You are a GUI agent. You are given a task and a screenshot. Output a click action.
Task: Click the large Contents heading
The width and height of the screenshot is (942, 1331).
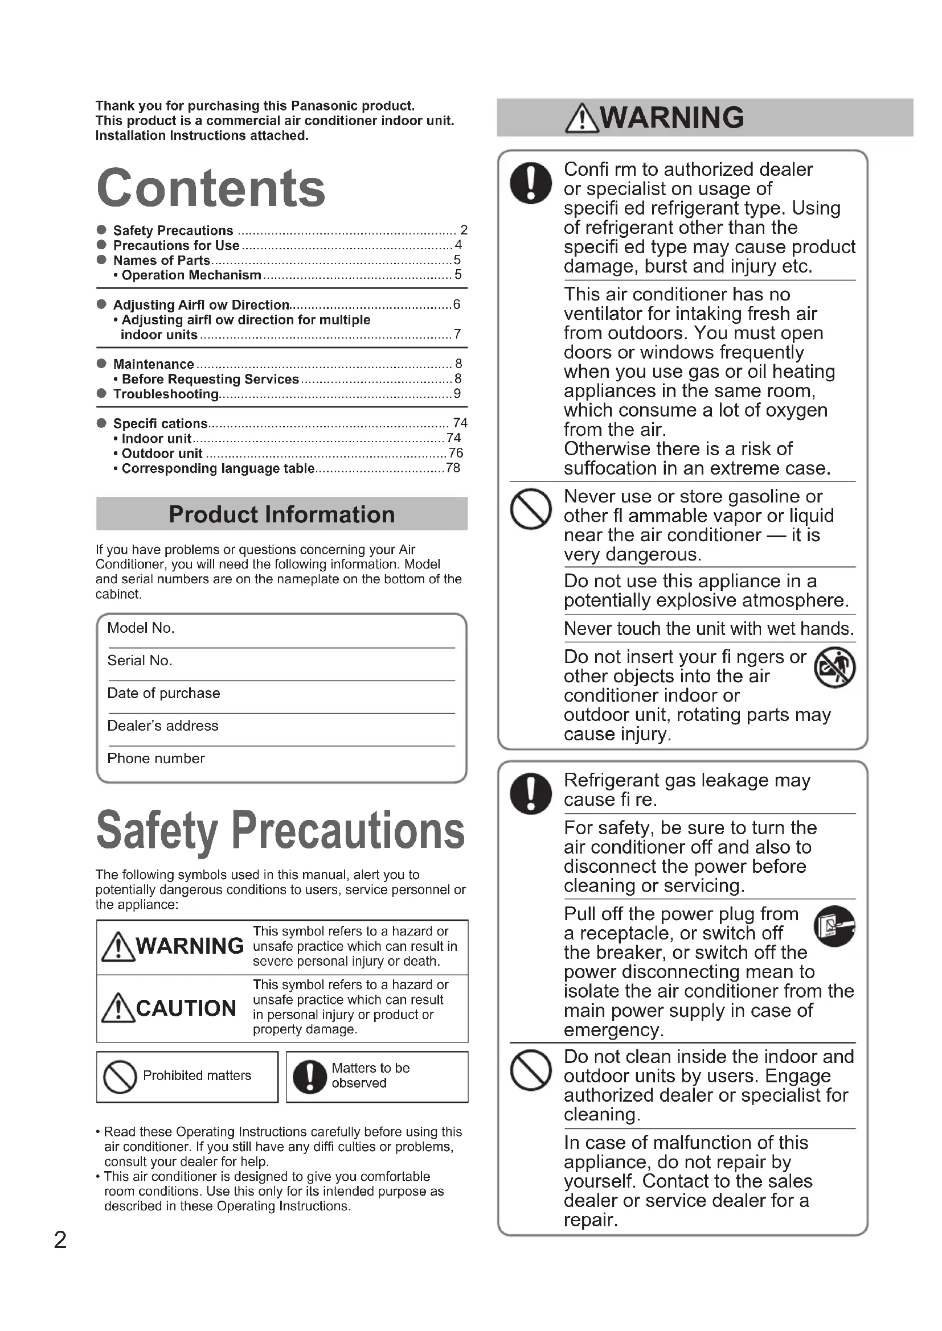[211, 188]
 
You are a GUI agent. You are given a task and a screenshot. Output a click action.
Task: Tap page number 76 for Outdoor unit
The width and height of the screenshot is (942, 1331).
[456, 453]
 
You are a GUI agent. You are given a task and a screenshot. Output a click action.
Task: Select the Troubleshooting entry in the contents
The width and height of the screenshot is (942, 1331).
[166, 394]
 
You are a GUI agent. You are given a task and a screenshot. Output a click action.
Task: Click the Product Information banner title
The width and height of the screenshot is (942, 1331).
[281, 514]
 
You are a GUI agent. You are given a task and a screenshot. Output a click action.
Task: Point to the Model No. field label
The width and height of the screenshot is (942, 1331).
[141, 628]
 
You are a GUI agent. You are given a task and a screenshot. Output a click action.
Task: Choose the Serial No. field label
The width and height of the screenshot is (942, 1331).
[140, 660]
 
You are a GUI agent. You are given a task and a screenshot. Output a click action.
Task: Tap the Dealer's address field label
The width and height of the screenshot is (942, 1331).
[163, 726]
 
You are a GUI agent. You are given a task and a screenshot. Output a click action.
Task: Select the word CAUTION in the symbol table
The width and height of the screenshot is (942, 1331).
[186, 1008]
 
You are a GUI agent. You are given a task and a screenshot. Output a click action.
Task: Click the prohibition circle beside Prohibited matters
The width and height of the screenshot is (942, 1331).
[120, 1077]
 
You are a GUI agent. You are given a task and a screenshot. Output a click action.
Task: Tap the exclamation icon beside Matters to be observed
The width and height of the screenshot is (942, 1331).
[310, 1077]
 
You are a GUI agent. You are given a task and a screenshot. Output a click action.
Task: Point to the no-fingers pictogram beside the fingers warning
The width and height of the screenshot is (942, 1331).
[835, 667]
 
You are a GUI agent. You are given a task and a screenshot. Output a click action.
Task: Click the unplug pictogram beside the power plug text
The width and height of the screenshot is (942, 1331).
[835, 926]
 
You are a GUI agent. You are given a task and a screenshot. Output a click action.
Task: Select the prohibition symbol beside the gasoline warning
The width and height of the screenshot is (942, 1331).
[530, 509]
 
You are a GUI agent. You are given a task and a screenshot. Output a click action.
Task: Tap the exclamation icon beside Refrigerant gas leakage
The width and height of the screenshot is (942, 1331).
[530, 793]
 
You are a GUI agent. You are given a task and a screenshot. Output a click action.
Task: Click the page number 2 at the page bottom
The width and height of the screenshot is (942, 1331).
[60, 1239]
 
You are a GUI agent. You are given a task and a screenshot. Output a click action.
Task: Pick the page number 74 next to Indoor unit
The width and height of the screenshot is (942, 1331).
[453, 438]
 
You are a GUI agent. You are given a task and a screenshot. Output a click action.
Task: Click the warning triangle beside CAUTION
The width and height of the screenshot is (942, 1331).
[118, 1008]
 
